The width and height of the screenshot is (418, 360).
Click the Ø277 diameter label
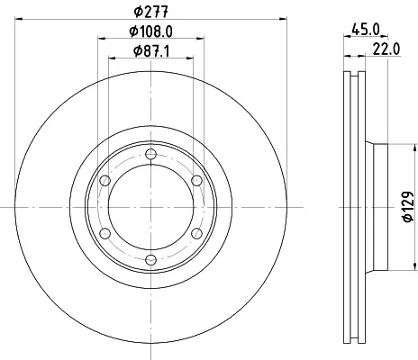[x=151, y=12]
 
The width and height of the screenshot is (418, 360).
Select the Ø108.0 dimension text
[x=151, y=31]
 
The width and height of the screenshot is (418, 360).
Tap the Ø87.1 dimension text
[x=151, y=51]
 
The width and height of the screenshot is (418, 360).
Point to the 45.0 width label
[x=366, y=30]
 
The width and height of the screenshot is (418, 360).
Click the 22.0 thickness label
[x=386, y=49]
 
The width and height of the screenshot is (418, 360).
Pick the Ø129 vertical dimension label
[x=408, y=207]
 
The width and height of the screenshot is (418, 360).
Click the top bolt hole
[x=150, y=155]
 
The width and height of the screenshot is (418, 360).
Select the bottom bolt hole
[x=150, y=260]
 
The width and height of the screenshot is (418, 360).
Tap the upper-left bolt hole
[x=104, y=181]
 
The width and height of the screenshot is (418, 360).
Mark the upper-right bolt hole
[x=196, y=181]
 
